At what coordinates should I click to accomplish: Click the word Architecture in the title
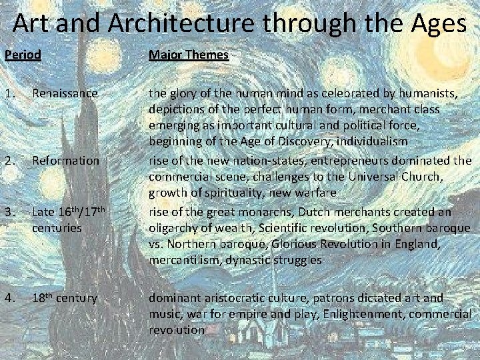tap(177, 24)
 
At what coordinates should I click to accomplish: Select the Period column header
tap(23, 55)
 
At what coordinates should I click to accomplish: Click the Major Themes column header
tap(189, 55)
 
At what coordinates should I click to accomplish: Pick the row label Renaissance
tap(65, 93)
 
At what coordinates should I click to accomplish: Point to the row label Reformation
tap(65, 161)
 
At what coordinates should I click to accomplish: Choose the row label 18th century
tap(65, 297)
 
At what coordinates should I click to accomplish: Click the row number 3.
tap(8, 211)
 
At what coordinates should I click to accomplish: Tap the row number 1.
tap(8, 93)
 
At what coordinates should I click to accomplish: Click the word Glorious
tap(314, 244)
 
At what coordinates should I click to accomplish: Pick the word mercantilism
tap(181, 260)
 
